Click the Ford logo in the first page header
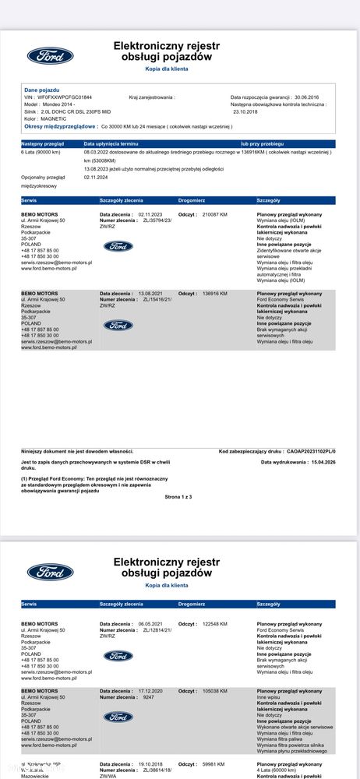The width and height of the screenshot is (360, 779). coord(50,55)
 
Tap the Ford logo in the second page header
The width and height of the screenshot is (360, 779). coord(50,570)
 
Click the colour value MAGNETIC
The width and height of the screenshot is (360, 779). coord(55,118)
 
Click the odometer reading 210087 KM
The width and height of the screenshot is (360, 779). coord(214,213)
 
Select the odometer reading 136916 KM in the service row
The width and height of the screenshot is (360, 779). coord(214,294)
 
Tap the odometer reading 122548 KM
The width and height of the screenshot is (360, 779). coord(214,624)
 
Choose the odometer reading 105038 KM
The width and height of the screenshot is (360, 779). coord(214,690)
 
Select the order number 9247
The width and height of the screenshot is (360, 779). coord(150,696)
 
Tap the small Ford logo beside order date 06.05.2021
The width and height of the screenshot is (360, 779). coord(118,656)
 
